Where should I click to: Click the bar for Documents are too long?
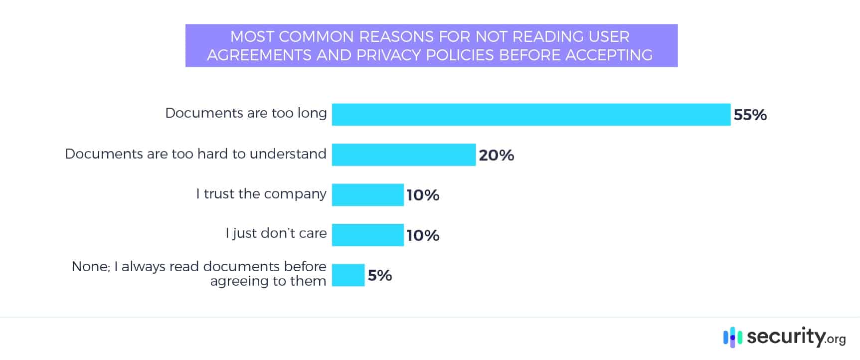click(x=531, y=115)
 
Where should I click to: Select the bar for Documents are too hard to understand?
click(x=404, y=155)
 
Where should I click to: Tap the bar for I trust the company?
click(x=368, y=194)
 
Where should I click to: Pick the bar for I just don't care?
click(x=368, y=235)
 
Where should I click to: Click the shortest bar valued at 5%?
click(x=348, y=275)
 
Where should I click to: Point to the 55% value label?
click(x=750, y=115)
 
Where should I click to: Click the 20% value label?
click(x=496, y=155)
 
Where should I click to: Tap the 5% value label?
click(x=380, y=275)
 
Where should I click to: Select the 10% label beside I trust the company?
click(x=423, y=195)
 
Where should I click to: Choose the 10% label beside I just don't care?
click(x=423, y=235)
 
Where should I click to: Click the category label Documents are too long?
click(x=246, y=113)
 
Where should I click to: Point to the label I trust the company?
click(x=261, y=193)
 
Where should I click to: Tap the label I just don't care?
click(x=276, y=233)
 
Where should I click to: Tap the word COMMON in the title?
click(x=316, y=37)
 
